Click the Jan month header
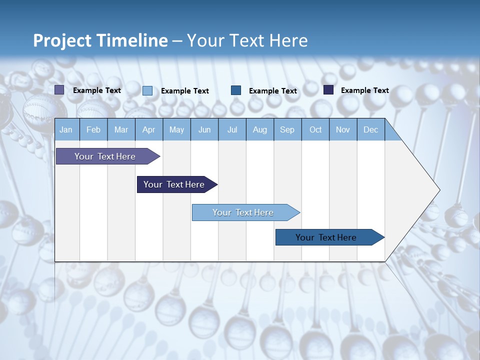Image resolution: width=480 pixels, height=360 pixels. [x=66, y=129]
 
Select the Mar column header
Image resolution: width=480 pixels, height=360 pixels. [x=121, y=129]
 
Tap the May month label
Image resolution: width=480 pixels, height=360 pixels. [x=176, y=129]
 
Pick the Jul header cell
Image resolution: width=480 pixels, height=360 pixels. [x=232, y=129]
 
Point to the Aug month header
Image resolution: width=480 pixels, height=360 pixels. [x=260, y=129]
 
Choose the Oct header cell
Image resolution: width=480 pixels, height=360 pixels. [x=315, y=129]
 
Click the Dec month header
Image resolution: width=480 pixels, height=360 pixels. [x=370, y=129]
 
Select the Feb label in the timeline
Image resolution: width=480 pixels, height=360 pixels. [x=93, y=129]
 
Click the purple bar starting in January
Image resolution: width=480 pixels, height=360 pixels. [x=105, y=156]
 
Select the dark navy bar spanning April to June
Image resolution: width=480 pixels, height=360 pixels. [x=174, y=184]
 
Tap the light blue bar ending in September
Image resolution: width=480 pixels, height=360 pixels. [x=243, y=212]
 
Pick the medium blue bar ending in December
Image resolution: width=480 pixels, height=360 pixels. [x=326, y=237]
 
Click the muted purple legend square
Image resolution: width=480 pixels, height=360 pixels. [x=59, y=90]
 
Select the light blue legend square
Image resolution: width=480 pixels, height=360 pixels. [x=147, y=90]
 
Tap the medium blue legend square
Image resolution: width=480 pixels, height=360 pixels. [x=236, y=90]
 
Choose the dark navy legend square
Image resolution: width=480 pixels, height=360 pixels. [x=328, y=90]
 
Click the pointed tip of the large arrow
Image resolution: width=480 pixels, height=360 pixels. [x=438, y=190]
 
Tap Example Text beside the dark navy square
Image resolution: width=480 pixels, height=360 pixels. [x=364, y=90]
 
